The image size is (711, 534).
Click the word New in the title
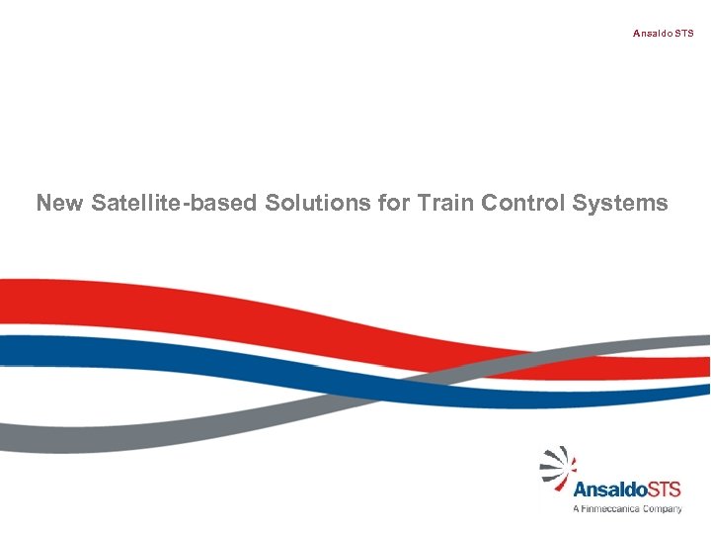[60, 204]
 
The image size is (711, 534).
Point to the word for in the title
[392, 204]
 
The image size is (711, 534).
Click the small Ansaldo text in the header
[653, 34]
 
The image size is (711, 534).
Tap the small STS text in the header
[684, 34]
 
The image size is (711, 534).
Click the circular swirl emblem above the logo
[558, 464]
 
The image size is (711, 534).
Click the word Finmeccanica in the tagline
[613, 509]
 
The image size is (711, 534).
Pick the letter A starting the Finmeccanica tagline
[577, 509]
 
